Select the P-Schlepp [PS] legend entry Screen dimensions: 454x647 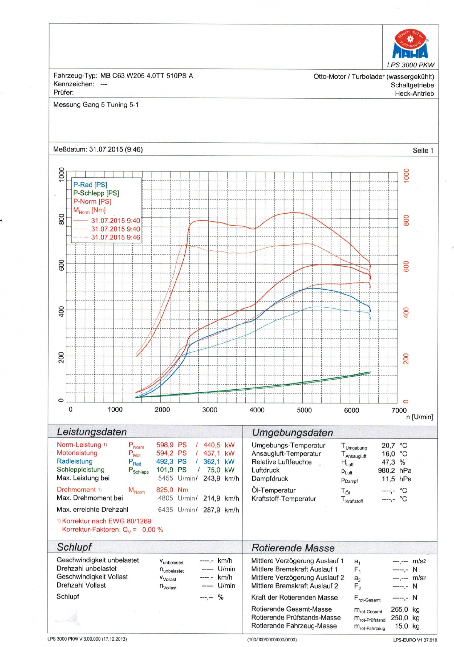click(96, 193)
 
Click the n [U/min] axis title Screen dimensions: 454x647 click(419, 417)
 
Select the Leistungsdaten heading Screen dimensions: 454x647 click(92, 432)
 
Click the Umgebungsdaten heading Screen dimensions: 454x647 click(292, 432)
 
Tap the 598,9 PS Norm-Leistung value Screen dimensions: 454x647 click(171, 445)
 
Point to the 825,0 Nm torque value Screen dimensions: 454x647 click(172, 490)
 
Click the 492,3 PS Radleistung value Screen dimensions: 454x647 click(171, 461)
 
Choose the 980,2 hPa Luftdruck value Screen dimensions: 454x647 click(395, 470)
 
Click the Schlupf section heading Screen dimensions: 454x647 click(74, 547)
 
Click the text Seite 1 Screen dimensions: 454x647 click(423, 151)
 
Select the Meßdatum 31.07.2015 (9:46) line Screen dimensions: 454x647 click(98, 149)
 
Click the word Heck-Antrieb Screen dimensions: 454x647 click(414, 94)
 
